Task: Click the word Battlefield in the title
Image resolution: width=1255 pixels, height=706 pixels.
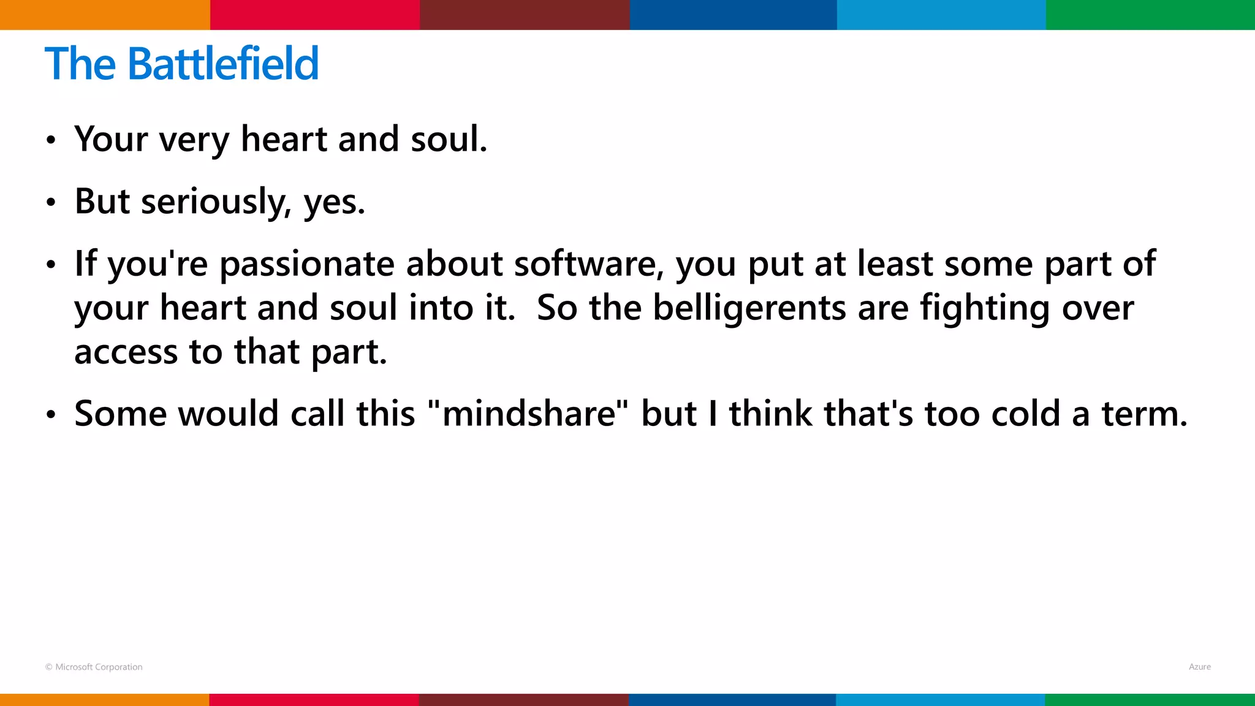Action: point(223,64)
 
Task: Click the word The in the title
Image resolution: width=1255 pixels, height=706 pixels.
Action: point(80,64)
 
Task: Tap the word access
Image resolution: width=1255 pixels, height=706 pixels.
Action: point(126,352)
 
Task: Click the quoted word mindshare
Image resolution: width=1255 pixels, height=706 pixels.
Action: point(528,414)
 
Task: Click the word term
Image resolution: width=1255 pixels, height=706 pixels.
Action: point(1144,414)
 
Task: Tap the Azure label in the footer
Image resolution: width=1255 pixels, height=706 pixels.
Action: point(1199,667)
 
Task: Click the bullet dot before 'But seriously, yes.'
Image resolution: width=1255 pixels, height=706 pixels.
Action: point(51,202)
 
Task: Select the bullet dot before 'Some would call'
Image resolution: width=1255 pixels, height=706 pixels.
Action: point(51,415)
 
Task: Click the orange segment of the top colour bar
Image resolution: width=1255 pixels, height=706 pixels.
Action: point(105,15)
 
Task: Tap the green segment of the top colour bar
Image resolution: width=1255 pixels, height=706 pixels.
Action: point(1150,15)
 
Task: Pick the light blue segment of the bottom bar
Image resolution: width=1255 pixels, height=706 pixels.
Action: point(940,700)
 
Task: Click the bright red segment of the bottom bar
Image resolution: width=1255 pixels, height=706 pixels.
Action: point(314,700)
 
